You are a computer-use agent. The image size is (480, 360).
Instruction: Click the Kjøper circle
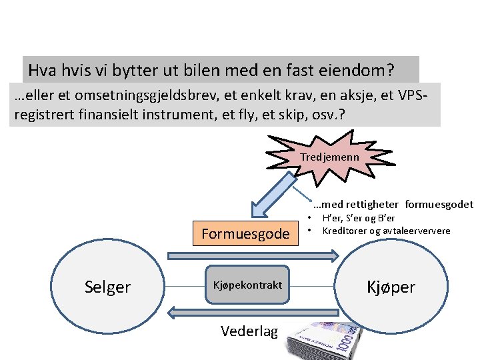(389, 287)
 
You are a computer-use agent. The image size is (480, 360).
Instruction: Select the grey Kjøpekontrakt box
(247, 285)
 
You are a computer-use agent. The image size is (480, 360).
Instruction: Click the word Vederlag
(249, 331)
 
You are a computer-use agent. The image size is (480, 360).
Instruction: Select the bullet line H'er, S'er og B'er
(359, 218)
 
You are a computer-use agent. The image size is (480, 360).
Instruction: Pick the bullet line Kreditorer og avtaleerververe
(386, 231)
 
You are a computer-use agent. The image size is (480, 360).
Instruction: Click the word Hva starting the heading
(42, 70)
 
